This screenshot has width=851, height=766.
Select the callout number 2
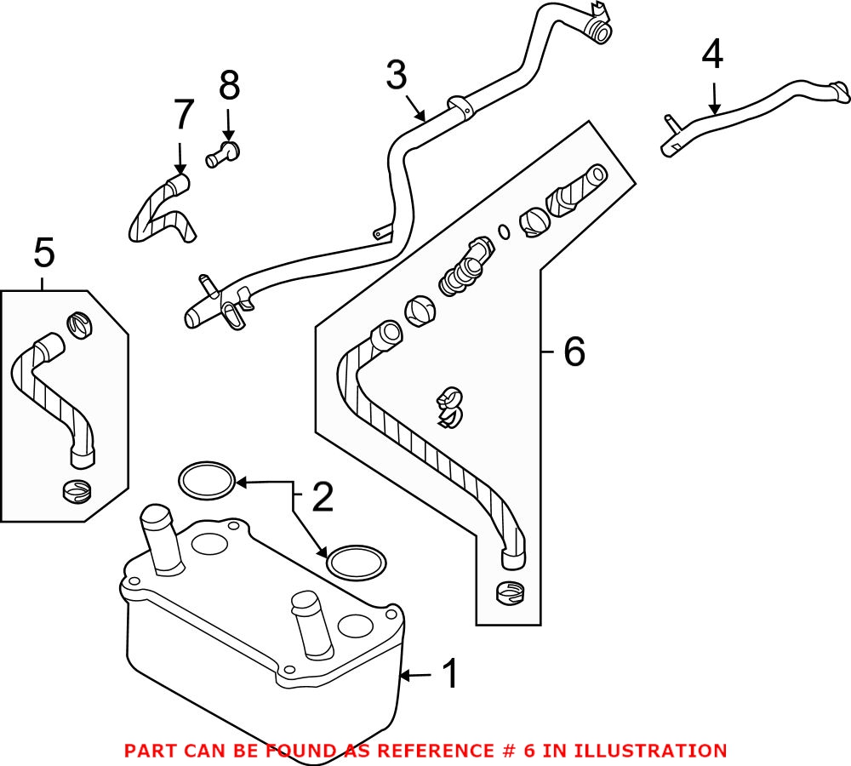[x=322, y=498]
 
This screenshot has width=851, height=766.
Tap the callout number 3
[x=397, y=76]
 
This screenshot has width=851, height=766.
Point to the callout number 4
[x=712, y=54]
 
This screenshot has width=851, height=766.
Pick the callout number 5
[x=44, y=253]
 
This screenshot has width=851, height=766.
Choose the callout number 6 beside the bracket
[x=574, y=352]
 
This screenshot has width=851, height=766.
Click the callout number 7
[x=184, y=116]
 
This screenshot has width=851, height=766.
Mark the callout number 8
[x=229, y=86]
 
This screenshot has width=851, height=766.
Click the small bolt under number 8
[x=224, y=155]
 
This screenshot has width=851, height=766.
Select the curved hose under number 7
[x=159, y=211]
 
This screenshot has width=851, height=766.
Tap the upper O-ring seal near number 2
[x=207, y=480]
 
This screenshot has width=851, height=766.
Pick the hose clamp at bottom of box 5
[x=77, y=491]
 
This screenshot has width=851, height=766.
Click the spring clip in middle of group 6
[x=451, y=406]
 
